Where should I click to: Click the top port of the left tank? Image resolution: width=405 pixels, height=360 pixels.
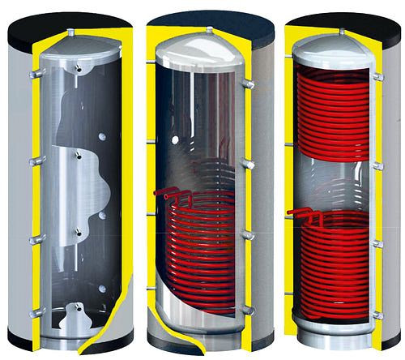(x=71, y=33)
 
